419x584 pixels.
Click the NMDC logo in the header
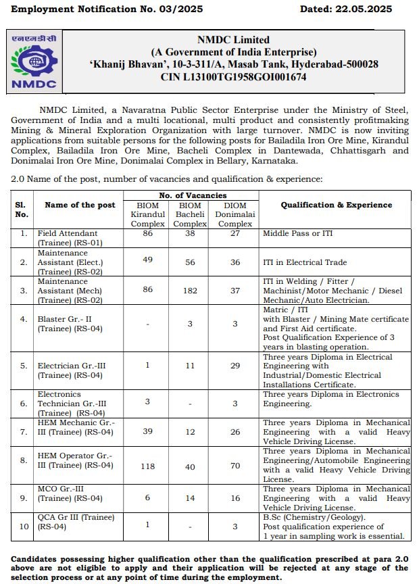(x=35, y=63)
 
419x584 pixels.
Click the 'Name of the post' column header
(x=80, y=205)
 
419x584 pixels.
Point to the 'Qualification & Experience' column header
(x=336, y=205)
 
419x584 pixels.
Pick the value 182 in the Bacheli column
(x=189, y=291)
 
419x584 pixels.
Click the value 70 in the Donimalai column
(x=235, y=466)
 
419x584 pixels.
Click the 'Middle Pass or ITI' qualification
(x=298, y=233)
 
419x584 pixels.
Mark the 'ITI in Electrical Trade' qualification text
(x=305, y=262)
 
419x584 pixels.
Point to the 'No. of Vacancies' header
(x=191, y=195)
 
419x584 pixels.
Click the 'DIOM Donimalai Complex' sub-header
(x=235, y=214)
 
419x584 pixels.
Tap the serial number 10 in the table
(x=23, y=526)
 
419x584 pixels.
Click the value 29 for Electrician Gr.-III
(x=235, y=365)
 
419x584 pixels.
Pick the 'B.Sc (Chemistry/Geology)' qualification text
(x=313, y=517)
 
